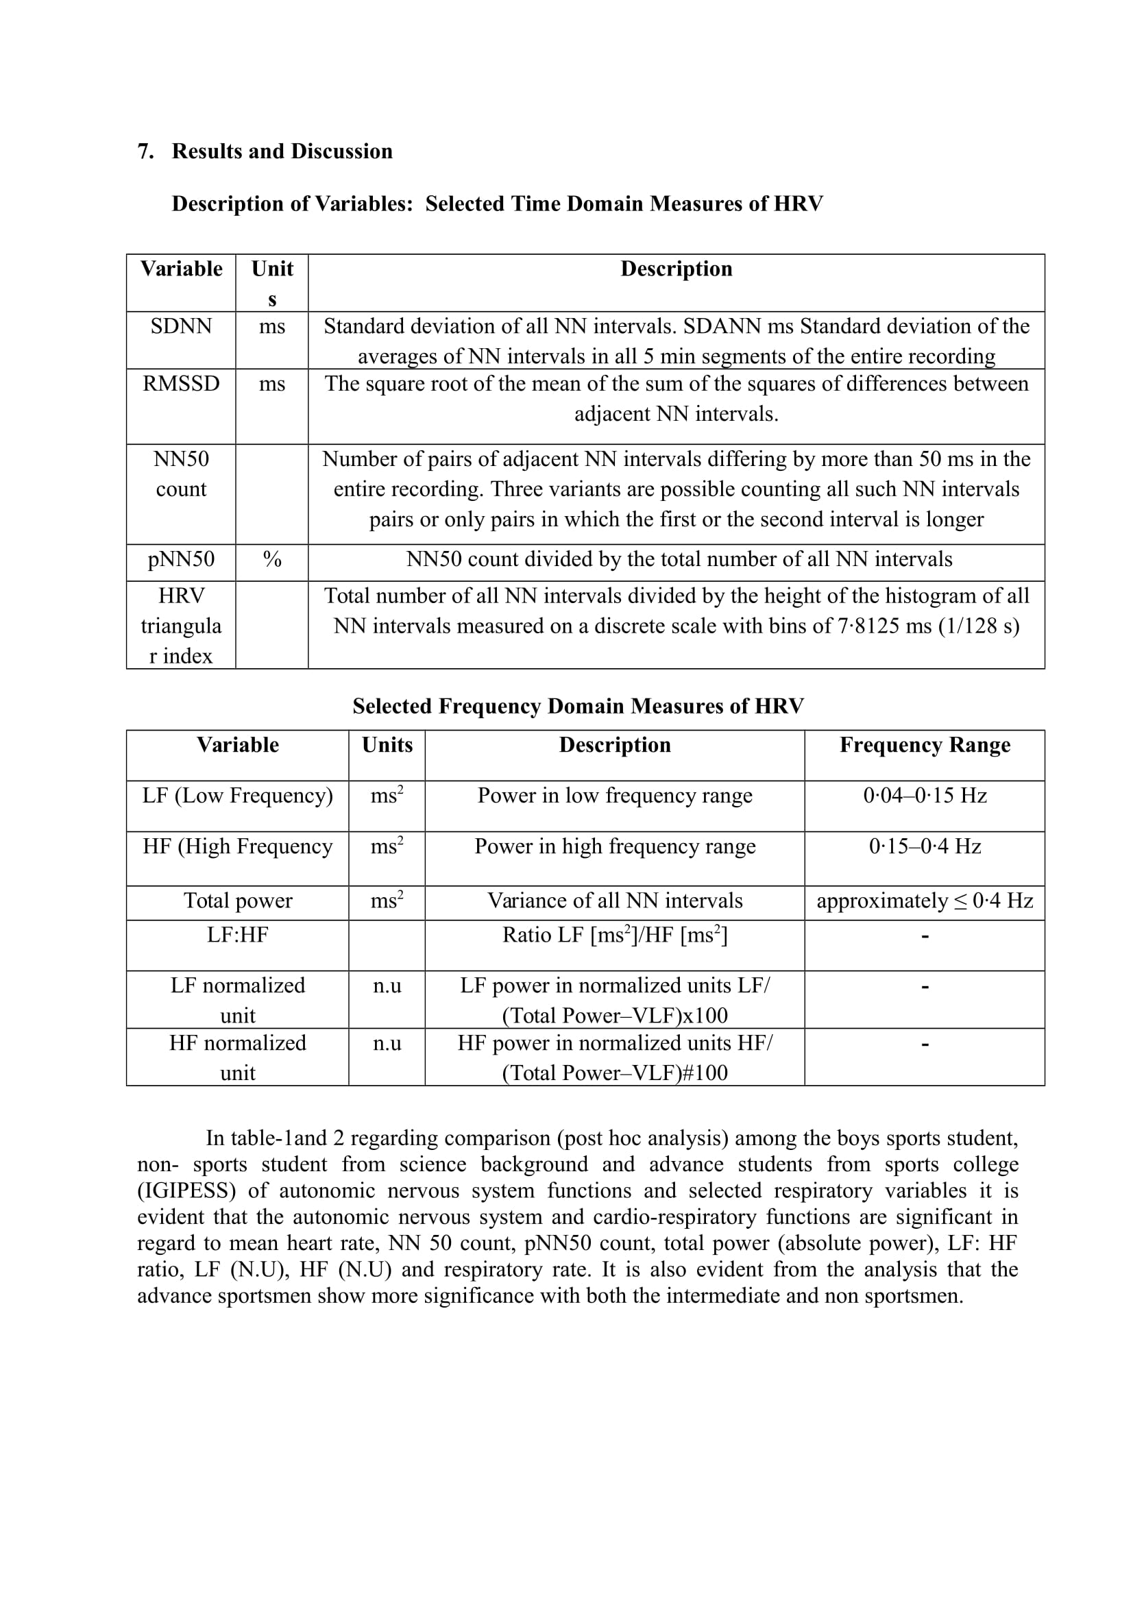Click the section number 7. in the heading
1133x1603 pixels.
click(x=145, y=151)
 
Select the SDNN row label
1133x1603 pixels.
click(x=181, y=327)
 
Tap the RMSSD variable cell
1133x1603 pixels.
click(x=181, y=384)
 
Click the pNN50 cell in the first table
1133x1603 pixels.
click(x=181, y=559)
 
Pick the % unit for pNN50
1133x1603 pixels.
click(x=271, y=559)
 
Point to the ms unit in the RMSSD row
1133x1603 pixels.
click(x=271, y=384)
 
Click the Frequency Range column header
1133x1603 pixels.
click(x=924, y=745)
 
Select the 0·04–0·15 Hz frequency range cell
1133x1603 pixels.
click(x=924, y=796)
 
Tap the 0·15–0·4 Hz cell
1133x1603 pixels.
click(x=924, y=847)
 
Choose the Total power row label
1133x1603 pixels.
click(x=237, y=901)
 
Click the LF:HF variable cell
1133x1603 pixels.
click(x=237, y=935)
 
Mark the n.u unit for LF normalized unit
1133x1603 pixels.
click(x=387, y=986)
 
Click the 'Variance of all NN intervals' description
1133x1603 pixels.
click(x=614, y=901)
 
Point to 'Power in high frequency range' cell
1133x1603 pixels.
click(x=614, y=847)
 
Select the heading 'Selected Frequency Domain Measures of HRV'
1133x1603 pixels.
click(x=578, y=706)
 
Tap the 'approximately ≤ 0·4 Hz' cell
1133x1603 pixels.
click(x=924, y=901)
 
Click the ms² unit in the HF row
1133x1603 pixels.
click(x=387, y=846)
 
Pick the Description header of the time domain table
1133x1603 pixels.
click(x=676, y=269)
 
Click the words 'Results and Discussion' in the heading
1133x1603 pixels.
click(x=282, y=151)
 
